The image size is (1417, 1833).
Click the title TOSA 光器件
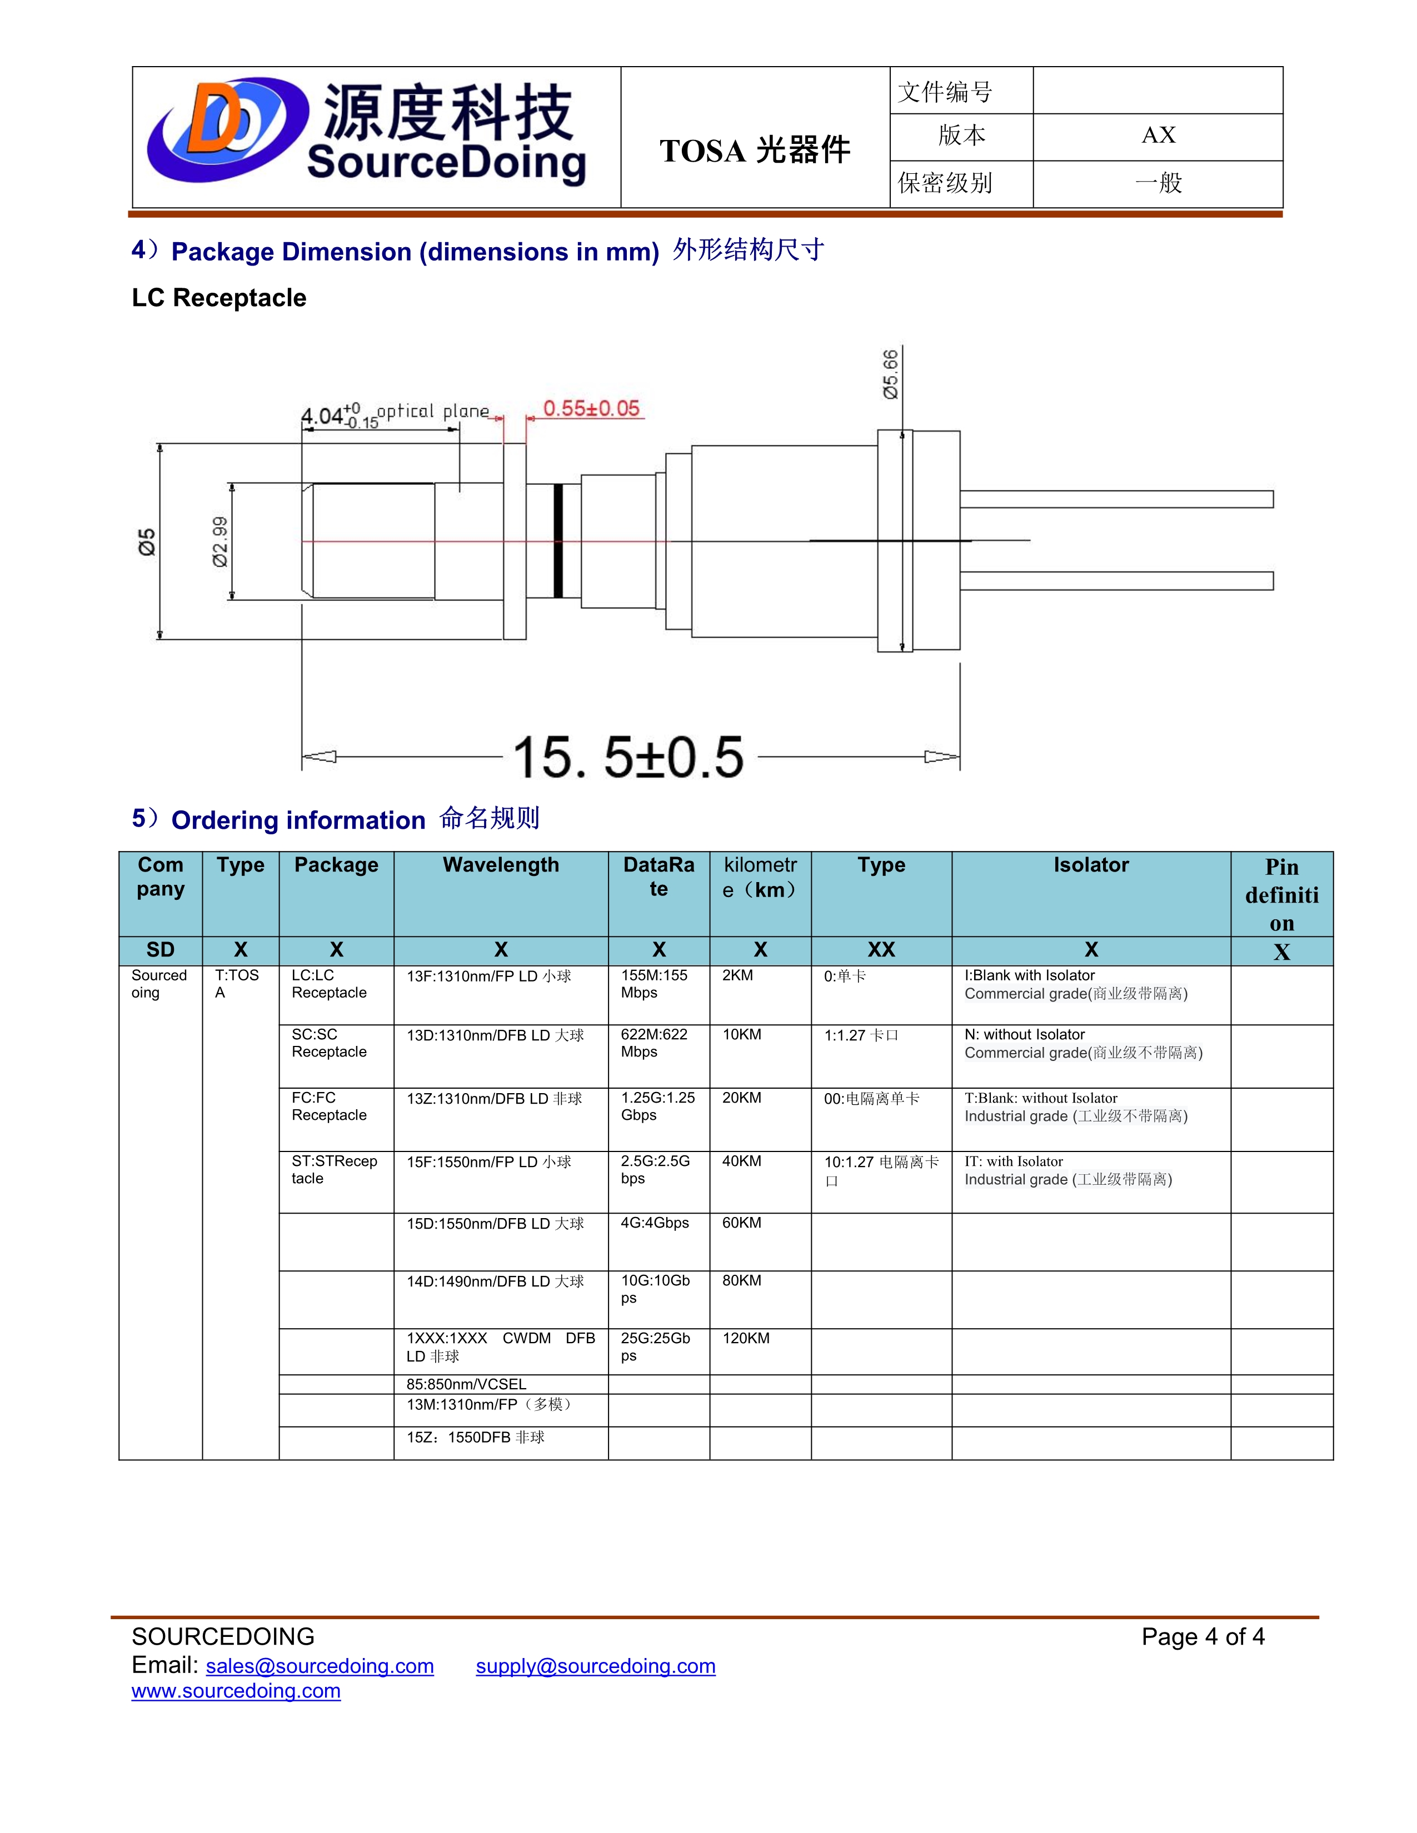(x=754, y=150)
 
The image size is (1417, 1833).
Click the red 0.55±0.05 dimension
(x=591, y=409)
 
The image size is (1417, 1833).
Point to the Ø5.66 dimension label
(x=890, y=374)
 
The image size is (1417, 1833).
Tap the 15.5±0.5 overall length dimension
(x=628, y=757)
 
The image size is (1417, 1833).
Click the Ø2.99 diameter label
(x=220, y=542)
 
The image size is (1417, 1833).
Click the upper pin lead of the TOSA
(x=1116, y=499)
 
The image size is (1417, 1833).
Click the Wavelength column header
(x=500, y=865)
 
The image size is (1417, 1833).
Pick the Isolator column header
(x=1090, y=865)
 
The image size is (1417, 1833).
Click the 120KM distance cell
(x=745, y=1338)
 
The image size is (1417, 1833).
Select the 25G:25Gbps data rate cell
(x=655, y=1346)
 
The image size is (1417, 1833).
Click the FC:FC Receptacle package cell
(x=329, y=1106)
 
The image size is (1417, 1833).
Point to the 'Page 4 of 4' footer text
(x=1202, y=1636)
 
